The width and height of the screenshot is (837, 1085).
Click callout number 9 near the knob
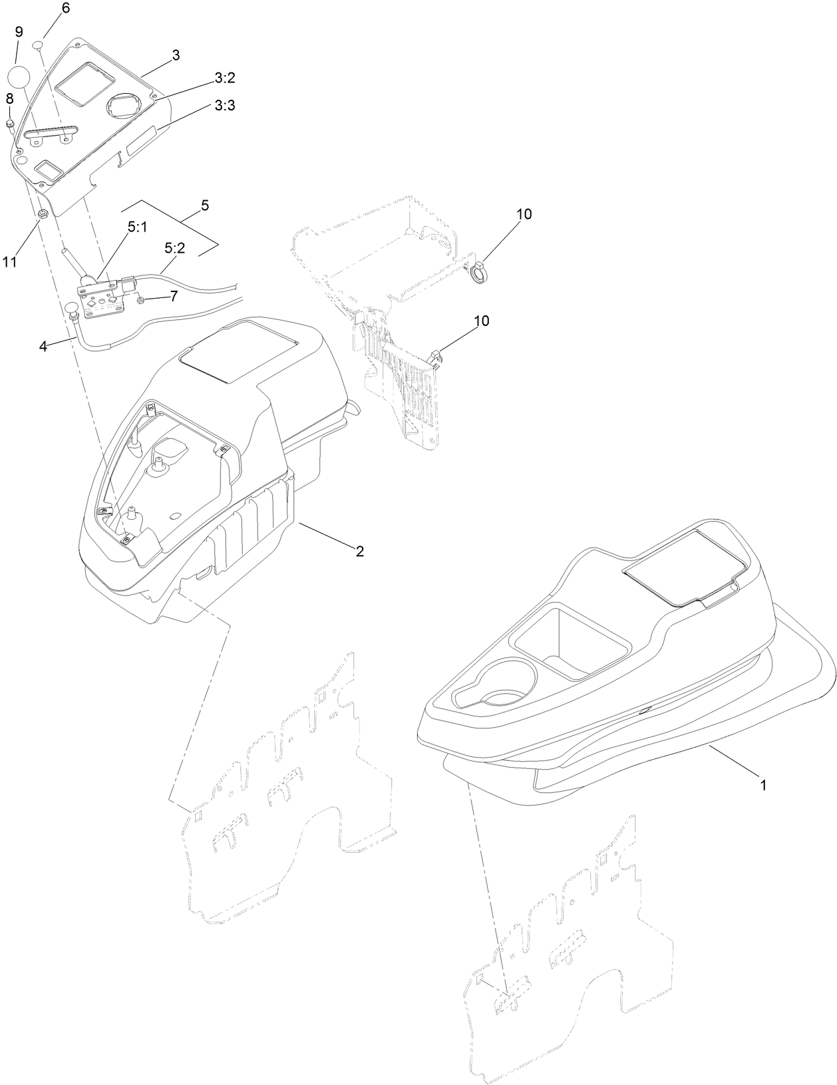[x=19, y=31]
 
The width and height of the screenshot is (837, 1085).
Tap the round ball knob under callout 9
[x=20, y=75]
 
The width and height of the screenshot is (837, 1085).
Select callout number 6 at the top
[x=65, y=9]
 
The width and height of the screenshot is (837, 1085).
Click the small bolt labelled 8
[x=11, y=124]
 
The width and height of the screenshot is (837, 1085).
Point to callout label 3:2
[x=225, y=78]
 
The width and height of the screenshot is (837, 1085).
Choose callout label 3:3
[x=225, y=105]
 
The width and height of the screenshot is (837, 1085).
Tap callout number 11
[x=9, y=261]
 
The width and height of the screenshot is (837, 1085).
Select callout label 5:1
[x=137, y=227]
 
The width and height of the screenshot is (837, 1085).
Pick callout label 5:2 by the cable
[x=174, y=248]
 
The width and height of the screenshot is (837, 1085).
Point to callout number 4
[x=43, y=346]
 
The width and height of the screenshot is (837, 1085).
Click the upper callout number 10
[x=523, y=214]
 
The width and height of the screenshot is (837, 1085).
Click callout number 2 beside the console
[x=359, y=551]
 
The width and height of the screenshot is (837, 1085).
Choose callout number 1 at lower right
[x=763, y=785]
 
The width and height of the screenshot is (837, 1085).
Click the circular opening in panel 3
[x=124, y=106]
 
